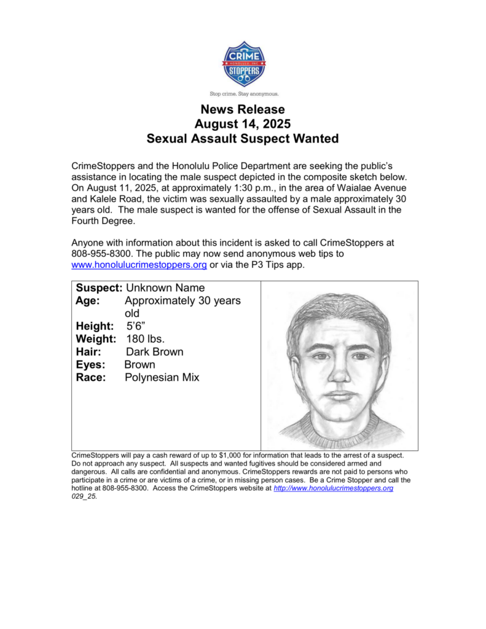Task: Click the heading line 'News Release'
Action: [x=243, y=110]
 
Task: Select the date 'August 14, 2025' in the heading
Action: [x=243, y=124]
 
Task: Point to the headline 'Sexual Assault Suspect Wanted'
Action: [x=243, y=139]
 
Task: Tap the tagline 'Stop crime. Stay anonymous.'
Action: [x=243, y=94]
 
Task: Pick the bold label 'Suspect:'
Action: [x=99, y=288]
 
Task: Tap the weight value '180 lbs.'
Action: [x=146, y=339]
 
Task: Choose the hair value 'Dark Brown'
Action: [x=154, y=352]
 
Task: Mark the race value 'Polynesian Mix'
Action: [x=162, y=378]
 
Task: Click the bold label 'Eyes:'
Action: [x=90, y=365]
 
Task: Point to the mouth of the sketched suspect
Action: [x=338, y=394]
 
